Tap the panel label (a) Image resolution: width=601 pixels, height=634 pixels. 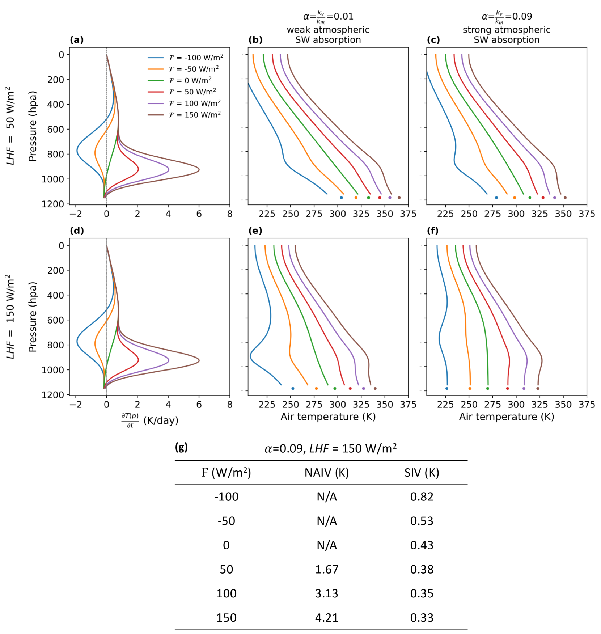77,40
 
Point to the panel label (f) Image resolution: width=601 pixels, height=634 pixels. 433,231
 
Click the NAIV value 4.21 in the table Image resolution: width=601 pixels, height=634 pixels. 326,617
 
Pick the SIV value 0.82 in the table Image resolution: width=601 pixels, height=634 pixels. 422,496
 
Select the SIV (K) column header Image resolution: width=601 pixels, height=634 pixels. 422,473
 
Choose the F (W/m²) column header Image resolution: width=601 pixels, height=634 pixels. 226,473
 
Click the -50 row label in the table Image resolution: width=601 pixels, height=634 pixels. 226,521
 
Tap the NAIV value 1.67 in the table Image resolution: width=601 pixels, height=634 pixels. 326,569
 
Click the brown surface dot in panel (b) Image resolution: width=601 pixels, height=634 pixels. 399,198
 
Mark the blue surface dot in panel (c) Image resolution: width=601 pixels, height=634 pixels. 496,198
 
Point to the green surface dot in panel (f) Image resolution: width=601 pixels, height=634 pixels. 488,388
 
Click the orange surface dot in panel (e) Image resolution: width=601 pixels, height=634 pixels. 316,388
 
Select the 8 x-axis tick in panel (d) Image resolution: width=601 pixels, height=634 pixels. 230,405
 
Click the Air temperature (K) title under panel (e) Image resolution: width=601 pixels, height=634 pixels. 328,417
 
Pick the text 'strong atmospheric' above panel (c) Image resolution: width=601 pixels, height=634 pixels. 507,30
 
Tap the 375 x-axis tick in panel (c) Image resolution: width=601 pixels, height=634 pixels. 587,214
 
